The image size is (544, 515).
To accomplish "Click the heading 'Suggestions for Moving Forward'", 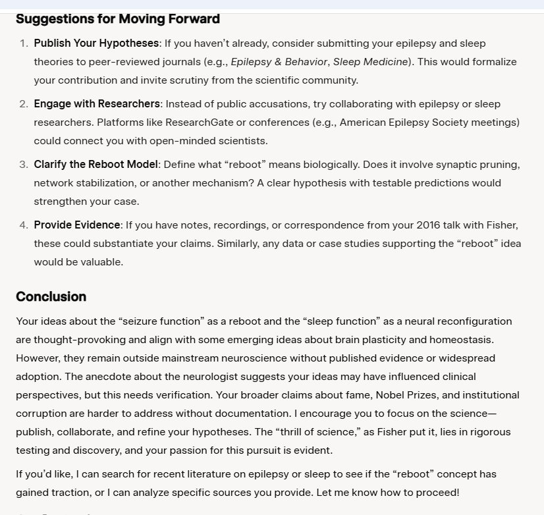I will pyautogui.click(x=117, y=18).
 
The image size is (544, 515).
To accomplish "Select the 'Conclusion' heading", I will pyautogui.click(x=51, y=296).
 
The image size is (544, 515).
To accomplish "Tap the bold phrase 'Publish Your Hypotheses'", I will pyautogui.click(x=96, y=43).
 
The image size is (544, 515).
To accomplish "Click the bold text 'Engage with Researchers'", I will pyautogui.click(x=97, y=104).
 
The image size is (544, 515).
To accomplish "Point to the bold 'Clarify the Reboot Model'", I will pyautogui.click(x=96, y=165).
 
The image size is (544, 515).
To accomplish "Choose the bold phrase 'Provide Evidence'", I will pyautogui.click(x=77, y=225).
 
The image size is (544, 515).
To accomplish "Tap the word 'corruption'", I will pyautogui.click(x=41, y=414).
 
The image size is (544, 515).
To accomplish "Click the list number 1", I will pyautogui.click(x=23, y=43).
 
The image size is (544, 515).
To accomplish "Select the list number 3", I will pyautogui.click(x=23, y=165).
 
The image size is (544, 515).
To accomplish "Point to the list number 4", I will pyautogui.click(x=23, y=225).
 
